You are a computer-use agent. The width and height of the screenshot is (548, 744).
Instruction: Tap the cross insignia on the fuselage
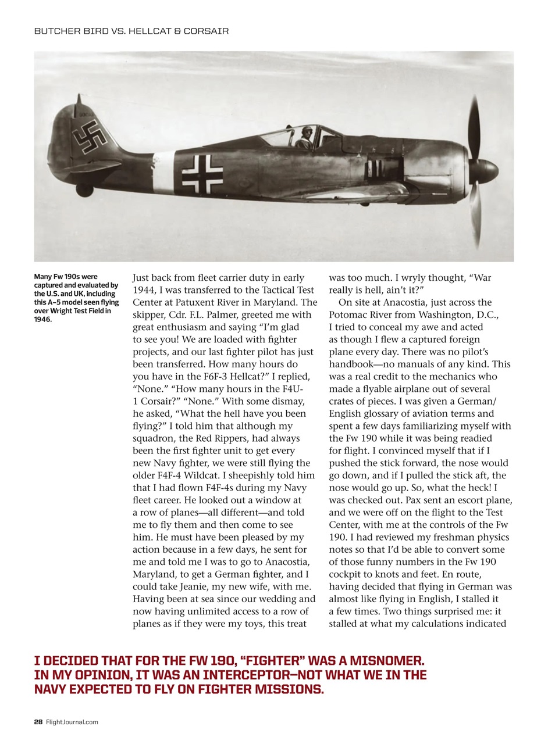(202, 174)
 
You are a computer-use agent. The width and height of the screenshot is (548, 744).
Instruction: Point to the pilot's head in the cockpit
(307, 133)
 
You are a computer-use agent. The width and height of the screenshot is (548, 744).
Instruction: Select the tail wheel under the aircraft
(84, 191)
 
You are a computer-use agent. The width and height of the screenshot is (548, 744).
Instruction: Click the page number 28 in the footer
(38, 722)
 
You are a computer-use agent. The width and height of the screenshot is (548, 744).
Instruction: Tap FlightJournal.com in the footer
(72, 722)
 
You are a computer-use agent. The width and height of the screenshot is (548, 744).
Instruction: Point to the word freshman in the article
(454, 536)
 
